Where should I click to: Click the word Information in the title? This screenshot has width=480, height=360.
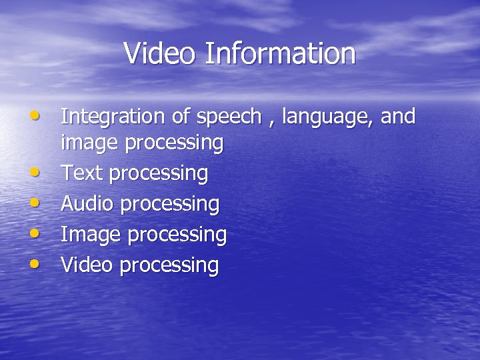click(x=280, y=53)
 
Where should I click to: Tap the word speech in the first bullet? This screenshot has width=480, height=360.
click(x=229, y=118)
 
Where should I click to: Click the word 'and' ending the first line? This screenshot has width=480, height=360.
click(x=399, y=117)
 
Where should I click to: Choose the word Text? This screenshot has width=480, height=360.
click(x=82, y=173)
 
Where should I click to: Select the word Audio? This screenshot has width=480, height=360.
click(x=87, y=203)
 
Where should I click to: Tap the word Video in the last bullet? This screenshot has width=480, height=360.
click(x=87, y=265)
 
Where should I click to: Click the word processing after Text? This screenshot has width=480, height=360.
click(x=158, y=175)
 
